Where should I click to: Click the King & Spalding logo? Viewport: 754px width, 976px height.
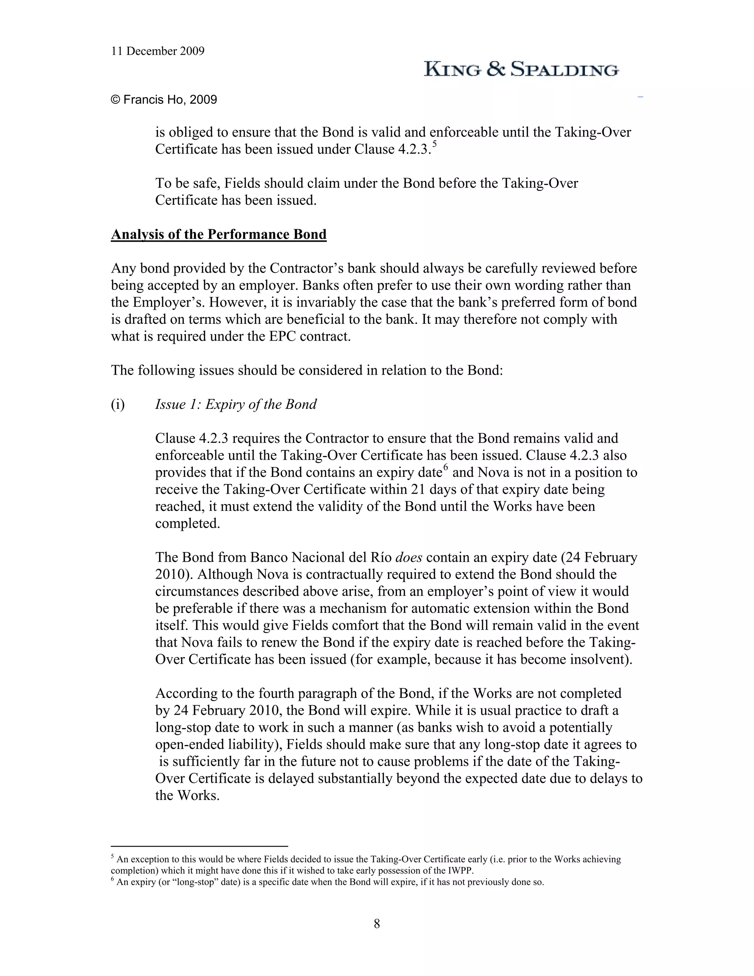pyautogui.click(x=521, y=69)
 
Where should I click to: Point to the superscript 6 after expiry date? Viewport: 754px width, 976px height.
pyautogui.click(x=445, y=467)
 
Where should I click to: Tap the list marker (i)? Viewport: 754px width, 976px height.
pyautogui.click(x=118, y=404)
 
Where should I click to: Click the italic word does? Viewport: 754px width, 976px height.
pyautogui.click(x=408, y=557)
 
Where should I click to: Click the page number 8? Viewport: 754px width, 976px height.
pyautogui.click(x=377, y=923)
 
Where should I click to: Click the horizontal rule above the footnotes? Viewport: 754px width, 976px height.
pyautogui.click(x=199, y=846)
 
